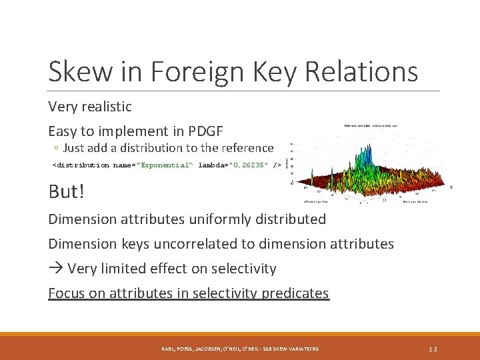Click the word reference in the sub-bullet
tap(246, 148)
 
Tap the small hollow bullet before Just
tap(57, 149)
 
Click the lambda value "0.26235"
tap(249, 165)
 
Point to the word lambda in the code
tap(211, 165)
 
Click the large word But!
tap(67, 192)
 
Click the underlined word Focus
tap(66, 293)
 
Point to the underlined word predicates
tap(295, 293)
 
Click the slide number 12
tap(433, 349)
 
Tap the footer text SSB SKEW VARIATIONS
tap(287, 349)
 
